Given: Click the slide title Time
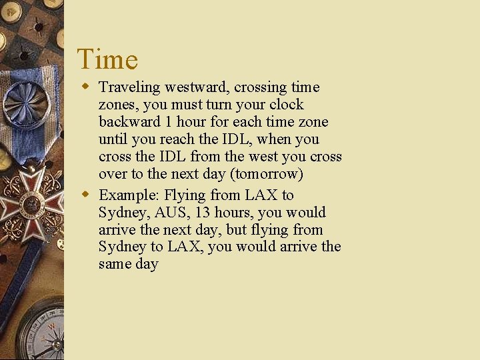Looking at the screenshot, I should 107,59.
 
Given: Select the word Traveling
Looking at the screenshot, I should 129,88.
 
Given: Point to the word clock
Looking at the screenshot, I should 287,105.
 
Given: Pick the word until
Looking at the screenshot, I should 111,139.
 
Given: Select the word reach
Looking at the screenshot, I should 168,139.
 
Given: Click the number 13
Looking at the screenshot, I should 203,213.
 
